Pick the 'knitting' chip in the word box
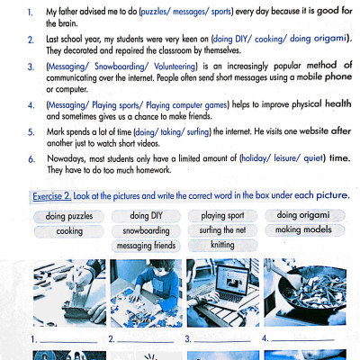222,244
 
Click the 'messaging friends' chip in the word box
146,245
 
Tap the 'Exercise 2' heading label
58,195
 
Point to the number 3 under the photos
188,339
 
